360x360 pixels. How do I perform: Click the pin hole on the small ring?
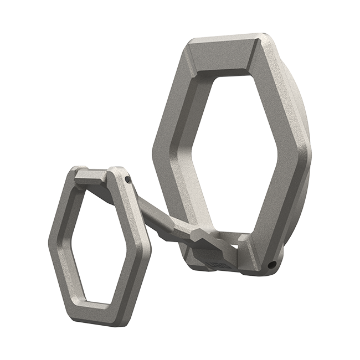coord(127,179)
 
